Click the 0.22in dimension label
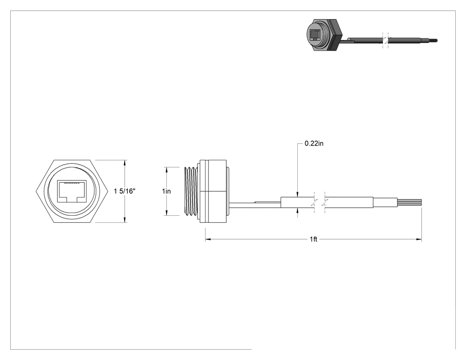(314, 143)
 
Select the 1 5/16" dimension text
(125, 191)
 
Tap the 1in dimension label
(166, 191)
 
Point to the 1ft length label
(313, 239)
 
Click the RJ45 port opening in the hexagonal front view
(72, 191)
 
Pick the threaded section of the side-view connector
(192, 191)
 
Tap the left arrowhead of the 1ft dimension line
(208, 239)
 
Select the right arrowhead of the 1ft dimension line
(419, 239)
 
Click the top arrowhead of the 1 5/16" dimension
(125, 163)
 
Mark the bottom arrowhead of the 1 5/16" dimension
(125, 220)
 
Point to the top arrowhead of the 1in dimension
(166, 170)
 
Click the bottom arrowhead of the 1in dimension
(166, 213)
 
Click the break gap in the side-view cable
(320, 202)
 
